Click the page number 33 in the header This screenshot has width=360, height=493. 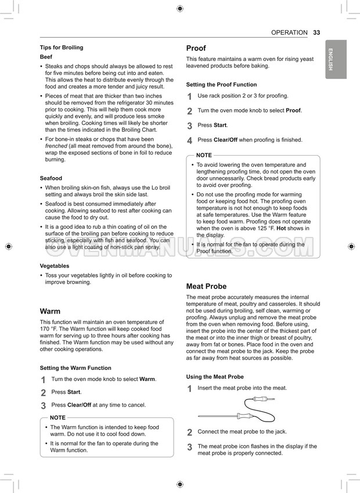click(316, 33)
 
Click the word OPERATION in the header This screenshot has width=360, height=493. click(289, 33)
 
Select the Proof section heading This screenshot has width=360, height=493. click(196, 48)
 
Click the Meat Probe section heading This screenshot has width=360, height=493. click(206, 286)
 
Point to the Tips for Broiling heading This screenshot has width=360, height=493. click(62, 48)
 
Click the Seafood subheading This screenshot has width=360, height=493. click(51, 178)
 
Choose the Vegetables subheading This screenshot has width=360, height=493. click(55, 266)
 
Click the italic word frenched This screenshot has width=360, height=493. click(56, 146)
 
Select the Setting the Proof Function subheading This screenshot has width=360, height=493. click(221, 85)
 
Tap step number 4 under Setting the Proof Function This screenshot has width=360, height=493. click(190, 141)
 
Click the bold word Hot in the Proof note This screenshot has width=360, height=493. click(281, 228)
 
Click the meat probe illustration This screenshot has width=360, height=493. click(236, 409)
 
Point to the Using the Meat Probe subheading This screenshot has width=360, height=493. click(215, 377)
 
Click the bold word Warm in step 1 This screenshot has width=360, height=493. click(147, 379)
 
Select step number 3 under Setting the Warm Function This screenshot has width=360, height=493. click(44, 406)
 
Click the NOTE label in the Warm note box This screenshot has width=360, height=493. click(58, 418)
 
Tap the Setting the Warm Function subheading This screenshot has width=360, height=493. click(75, 368)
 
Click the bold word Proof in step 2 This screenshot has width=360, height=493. click(293, 110)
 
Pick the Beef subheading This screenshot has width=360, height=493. click(46, 57)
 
